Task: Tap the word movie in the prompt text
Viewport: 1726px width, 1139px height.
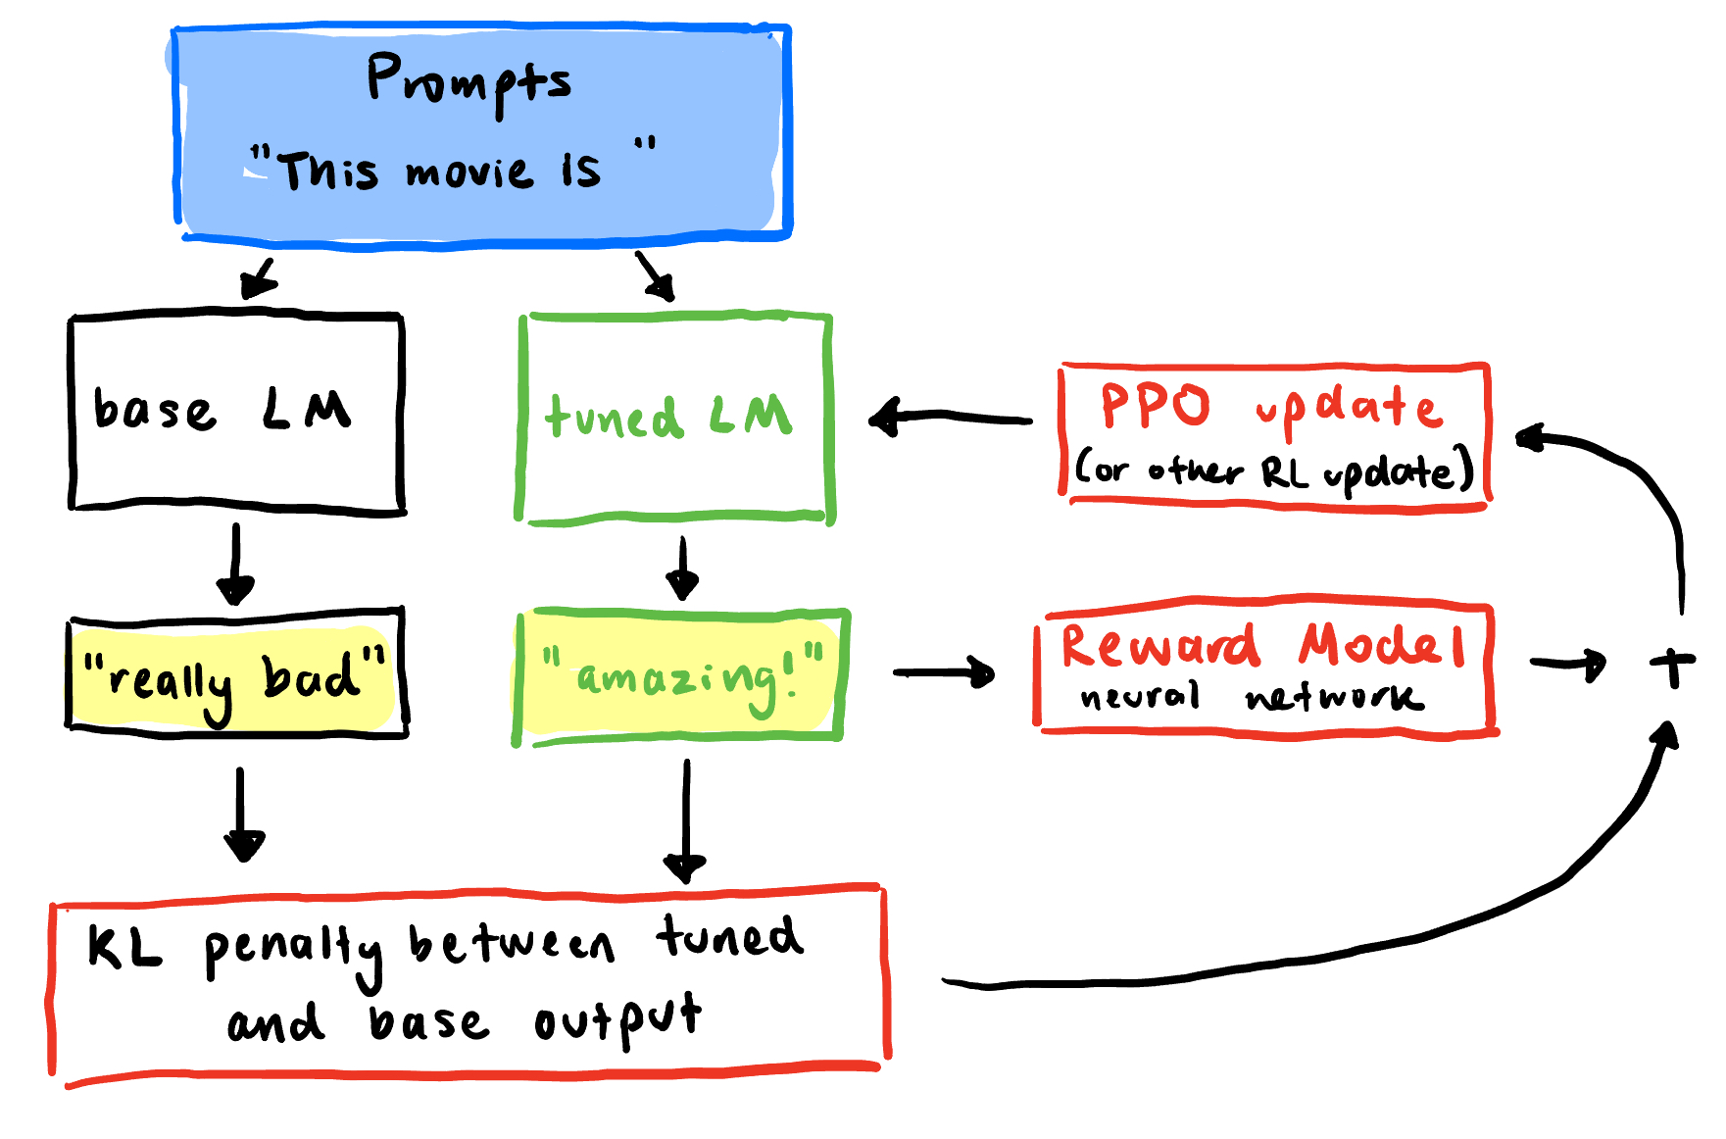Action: click(469, 173)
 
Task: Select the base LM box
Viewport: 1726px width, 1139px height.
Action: click(235, 413)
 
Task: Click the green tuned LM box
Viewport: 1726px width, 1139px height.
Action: click(674, 419)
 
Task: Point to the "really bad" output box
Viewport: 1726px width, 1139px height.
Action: click(236, 673)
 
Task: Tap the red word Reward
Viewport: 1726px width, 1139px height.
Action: click(1159, 646)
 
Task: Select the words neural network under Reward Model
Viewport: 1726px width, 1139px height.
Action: click(1251, 697)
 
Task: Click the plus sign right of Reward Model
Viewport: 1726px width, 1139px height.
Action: click(1671, 667)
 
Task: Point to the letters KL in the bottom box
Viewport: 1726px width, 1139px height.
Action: click(123, 948)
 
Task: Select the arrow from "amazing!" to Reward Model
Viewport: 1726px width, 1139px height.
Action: click(944, 672)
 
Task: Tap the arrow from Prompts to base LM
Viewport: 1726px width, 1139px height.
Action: click(259, 277)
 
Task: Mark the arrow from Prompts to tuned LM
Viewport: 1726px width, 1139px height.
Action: click(655, 275)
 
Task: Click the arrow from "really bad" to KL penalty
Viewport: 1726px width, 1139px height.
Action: click(241, 814)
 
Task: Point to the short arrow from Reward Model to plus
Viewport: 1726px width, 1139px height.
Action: click(1568, 665)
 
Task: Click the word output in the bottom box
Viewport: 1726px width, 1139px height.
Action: click(617, 1021)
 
